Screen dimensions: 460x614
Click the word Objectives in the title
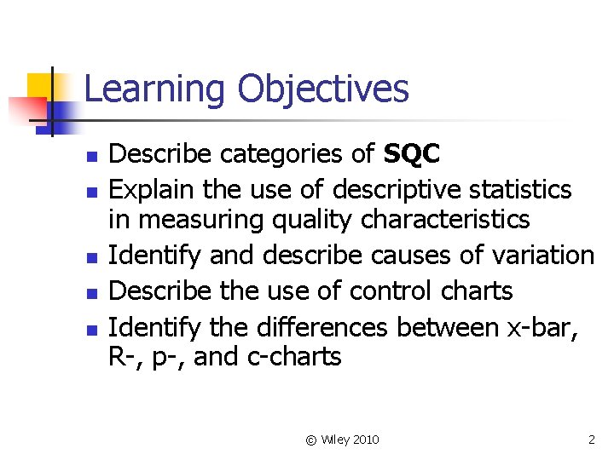coord(323,89)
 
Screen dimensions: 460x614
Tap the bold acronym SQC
coord(412,153)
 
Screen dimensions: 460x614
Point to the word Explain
coord(155,188)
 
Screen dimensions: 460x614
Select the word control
coord(382,290)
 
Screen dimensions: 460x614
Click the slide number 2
coord(592,440)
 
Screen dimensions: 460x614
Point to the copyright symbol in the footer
coord(311,440)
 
